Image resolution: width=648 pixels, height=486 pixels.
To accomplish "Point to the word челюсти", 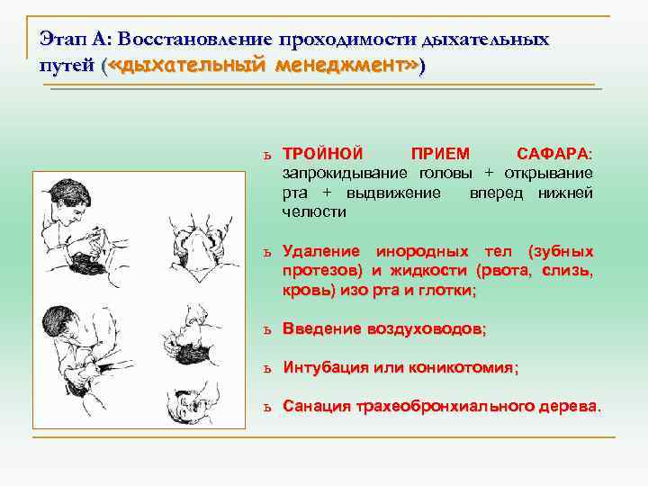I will (314, 211).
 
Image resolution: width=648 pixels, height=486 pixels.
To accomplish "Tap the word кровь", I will (306, 291).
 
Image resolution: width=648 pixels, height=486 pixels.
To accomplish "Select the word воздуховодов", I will (425, 329).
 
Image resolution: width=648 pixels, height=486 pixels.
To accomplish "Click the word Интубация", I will (326, 368).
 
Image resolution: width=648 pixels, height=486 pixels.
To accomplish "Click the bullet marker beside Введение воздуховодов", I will (267, 330).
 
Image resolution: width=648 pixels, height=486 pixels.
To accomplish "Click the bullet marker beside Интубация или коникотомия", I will (267, 369).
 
